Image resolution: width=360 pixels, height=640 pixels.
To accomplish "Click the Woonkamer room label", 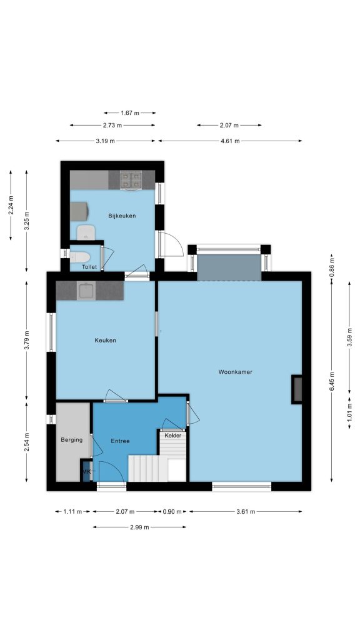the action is [x=235, y=372].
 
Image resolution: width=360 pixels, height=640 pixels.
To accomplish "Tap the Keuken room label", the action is [x=105, y=340].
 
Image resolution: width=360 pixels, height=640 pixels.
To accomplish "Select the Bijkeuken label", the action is [x=122, y=216].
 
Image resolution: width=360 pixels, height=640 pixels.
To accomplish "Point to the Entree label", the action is [x=121, y=441].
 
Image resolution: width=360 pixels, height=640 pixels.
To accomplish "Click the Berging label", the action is [x=71, y=439].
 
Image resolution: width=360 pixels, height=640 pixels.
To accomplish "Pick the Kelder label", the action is [x=172, y=436].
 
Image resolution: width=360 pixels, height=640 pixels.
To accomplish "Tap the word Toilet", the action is [x=89, y=267].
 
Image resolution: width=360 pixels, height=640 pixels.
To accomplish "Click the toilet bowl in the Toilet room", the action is [x=79, y=257].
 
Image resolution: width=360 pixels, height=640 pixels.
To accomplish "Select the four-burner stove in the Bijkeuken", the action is [x=131, y=180].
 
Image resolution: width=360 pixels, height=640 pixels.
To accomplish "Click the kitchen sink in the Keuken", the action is [x=86, y=290].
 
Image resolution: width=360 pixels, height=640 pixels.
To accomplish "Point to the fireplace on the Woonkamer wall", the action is [x=297, y=389].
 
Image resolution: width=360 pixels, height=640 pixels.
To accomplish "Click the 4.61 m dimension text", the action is [x=230, y=141].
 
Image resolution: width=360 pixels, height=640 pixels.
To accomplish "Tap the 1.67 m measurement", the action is [x=130, y=112].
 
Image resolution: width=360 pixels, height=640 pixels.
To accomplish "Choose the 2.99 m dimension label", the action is [x=139, y=527].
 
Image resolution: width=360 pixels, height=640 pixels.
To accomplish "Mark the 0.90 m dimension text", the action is [x=172, y=511].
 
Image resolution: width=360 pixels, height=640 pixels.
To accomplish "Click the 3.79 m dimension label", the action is [x=26, y=339].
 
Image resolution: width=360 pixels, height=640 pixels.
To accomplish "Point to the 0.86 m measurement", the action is [x=331, y=263].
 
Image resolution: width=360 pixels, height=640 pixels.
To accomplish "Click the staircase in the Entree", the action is [x=157, y=458].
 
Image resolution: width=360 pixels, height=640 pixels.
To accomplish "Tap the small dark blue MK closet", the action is [x=85, y=471].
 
